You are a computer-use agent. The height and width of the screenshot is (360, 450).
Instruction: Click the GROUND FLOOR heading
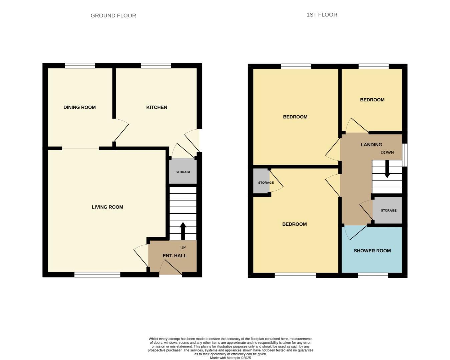click(x=113, y=16)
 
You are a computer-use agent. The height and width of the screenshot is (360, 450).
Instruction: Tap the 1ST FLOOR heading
click(x=322, y=15)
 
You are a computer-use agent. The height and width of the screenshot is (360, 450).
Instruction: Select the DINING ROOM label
click(x=79, y=107)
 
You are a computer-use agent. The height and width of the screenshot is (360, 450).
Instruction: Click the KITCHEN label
click(x=156, y=107)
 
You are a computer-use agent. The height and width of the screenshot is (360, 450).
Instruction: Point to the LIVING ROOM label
click(x=107, y=207)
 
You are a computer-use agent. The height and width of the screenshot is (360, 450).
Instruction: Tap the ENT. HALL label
click(x=174, y=256)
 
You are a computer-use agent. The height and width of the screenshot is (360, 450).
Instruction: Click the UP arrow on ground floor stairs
click(x=183, y=230)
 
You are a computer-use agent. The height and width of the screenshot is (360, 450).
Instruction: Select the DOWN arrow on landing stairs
click(x=387, y=169)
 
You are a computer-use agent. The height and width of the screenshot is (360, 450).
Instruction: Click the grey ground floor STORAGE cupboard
click(x=183, y=172)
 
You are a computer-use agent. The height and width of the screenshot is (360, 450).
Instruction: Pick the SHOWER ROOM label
click(x=372, y=251)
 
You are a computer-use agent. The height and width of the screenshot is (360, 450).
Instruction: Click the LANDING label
click(x=371, y=145)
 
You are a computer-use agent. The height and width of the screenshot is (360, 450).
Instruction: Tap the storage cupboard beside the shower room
click(x=388, y=210)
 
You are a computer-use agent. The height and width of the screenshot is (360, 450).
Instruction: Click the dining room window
click(x=80, y=66)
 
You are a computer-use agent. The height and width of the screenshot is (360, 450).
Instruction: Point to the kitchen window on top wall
click(x=156, y=66)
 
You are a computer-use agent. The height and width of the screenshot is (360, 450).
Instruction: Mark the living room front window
click(x=97, y=275)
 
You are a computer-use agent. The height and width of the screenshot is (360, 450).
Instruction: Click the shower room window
click(x=373, y=275)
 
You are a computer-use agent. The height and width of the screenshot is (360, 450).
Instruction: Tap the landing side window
click(x=405, y=155)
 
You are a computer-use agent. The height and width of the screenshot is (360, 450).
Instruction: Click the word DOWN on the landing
click(x=387, y=153)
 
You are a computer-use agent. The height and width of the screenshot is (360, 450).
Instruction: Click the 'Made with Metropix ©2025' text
click(x=230, y=358)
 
